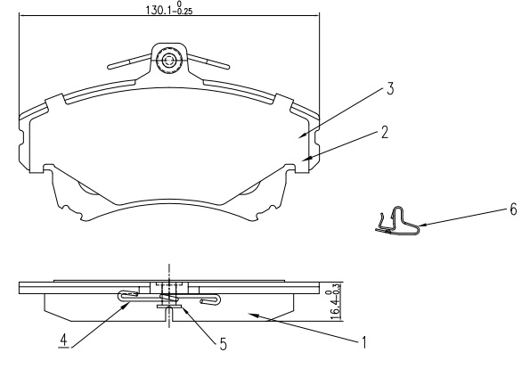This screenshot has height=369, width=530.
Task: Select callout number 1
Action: coord(364,342)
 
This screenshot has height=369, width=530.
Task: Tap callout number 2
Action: coord(384,132)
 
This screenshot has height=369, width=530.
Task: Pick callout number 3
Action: coord(390,88)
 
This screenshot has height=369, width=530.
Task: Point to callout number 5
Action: coord(224,344)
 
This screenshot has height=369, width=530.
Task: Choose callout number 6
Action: coord(513,209)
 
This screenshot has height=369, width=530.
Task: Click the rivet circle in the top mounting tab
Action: coord(168,61)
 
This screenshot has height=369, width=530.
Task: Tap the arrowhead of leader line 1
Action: coord(254,316)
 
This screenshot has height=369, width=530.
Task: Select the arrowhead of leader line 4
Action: coord(126,306)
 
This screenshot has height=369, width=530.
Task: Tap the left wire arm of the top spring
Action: coord(129,61)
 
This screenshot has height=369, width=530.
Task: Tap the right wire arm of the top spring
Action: coord(208,61)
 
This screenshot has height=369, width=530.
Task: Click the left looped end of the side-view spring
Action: coord(127,295)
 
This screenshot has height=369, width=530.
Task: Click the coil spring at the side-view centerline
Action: coord(169,299)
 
